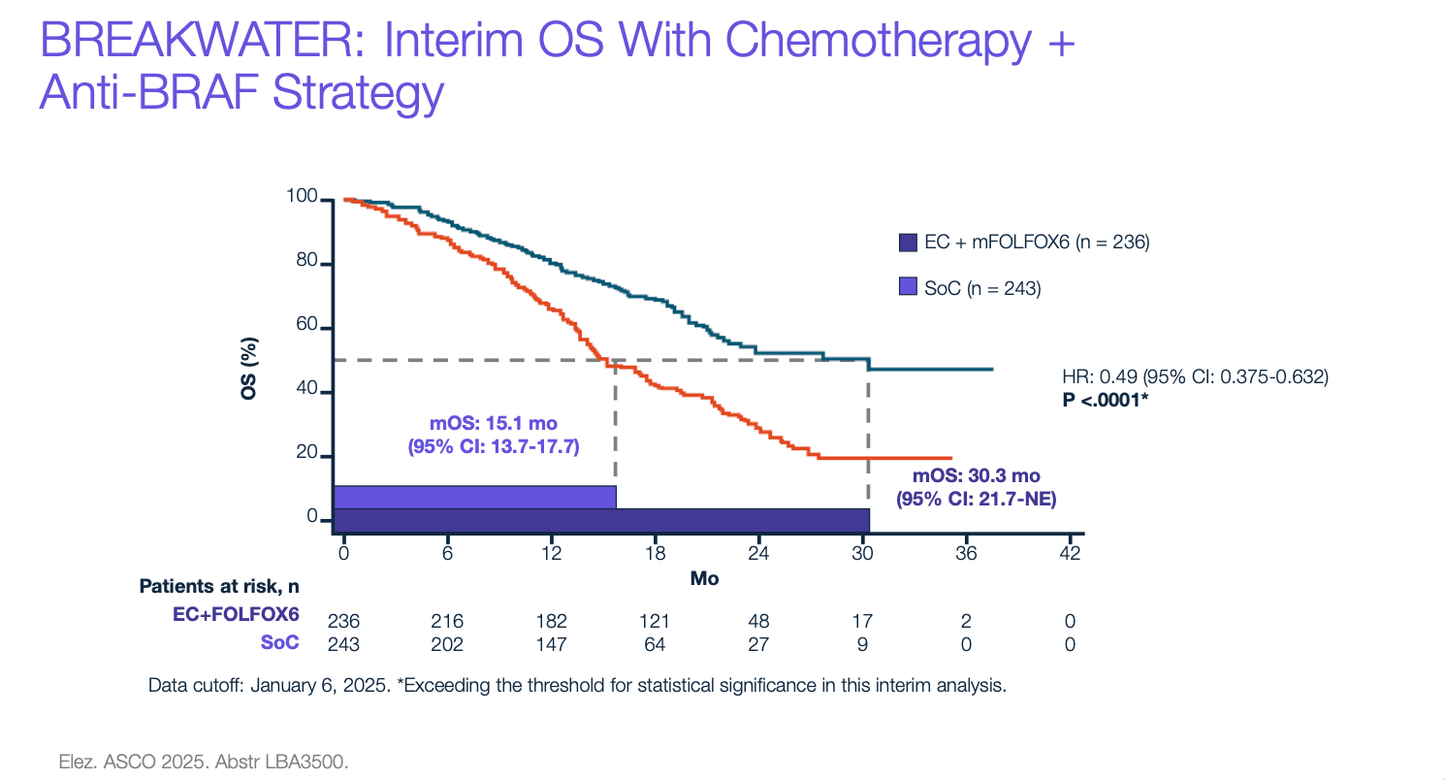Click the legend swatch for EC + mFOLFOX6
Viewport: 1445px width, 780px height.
point(908,243)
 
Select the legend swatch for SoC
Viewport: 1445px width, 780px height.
point(908,286)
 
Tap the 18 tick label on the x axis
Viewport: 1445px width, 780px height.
point(655,554)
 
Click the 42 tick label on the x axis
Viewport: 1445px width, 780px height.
point(1069,554)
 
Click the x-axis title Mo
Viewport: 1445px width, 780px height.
point(703,578)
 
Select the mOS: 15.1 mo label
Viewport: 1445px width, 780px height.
point(494,423)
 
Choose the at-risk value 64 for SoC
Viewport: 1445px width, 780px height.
point(656,643)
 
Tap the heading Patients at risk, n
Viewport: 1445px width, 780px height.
point(219,587)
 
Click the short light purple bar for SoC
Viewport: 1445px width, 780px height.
point(474,496)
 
